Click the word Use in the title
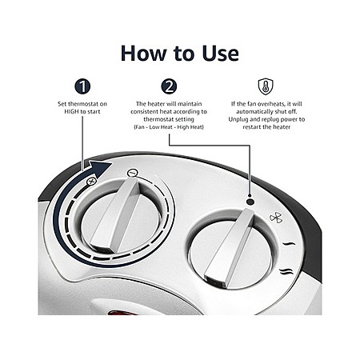coord(220,54)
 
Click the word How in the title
coord(142,54)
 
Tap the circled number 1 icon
coord(82,86)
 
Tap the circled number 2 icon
coord(169,86)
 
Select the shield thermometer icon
coord(266,86)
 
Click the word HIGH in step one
coord(71,111)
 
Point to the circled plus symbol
coord(91,182)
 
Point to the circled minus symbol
coord(132,173)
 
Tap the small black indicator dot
coord(250,202)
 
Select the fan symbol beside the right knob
coord(276,218)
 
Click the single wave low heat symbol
coord(289,244)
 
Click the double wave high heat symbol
coord(286,272)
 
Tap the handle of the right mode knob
coord(230,248)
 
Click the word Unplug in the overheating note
coord(238,119)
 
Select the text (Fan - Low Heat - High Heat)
coord(169,127)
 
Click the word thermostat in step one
coord(84,104)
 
